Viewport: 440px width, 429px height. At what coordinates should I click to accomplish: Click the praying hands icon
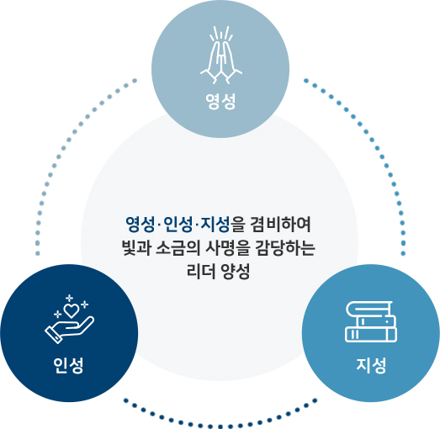(x=221, y=56)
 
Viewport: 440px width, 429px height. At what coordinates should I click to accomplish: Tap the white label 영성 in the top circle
(x=220, y=102)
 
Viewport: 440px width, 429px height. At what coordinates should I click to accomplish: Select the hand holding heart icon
(x=70, y=320)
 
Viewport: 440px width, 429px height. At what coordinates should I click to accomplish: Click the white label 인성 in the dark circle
(x=68, y=365)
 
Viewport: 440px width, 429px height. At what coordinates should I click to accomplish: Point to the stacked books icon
(x=371, y=321)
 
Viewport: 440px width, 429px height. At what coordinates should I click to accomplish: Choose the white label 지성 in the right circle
(x=371, y=365)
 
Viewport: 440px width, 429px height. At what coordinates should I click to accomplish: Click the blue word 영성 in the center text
(x=140, y=225)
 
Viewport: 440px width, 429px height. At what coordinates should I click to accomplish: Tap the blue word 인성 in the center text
(x=178, y=225)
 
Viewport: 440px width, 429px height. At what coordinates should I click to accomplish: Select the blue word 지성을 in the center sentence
(x=224, y=225)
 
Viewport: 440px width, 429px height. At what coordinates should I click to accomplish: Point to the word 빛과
(x=136, y=248)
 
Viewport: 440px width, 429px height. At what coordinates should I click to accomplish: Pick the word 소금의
(x=178, y=248)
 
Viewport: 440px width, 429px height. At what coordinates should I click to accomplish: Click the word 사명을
(x=227, y=248)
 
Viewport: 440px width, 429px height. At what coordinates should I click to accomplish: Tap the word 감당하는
(x=285, y=248)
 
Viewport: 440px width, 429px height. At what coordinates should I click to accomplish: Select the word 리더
(x=200, y=272)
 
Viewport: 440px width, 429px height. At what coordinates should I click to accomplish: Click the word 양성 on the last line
(x=236, y=272)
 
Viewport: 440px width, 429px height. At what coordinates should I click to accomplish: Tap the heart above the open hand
(x=72, y=310)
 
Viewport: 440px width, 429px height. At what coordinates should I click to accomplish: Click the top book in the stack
(x=369, y=308)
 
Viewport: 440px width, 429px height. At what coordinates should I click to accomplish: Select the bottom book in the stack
(x=371, y=335)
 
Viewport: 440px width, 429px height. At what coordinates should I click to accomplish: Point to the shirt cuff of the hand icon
(x=53, y=336)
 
